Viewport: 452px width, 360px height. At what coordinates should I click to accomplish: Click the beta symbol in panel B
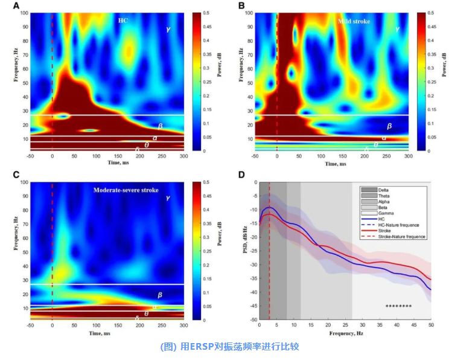tap(389, 126)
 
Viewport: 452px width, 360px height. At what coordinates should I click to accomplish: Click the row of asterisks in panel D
tap(398, 307)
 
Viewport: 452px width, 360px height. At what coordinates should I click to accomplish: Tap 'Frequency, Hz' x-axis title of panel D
tap(345, 333)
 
